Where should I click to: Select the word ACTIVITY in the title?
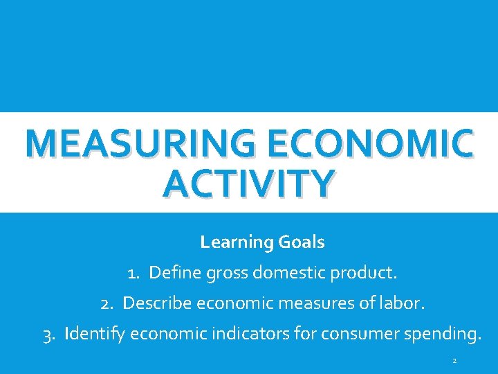pyautogui.click(x=249, y=183)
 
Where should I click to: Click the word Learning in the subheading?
pyautogui.click(x=237, y=242)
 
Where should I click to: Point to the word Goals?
pyautogui.click(x=302, y=242)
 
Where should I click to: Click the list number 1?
pyautogui.click(x=133, y=273)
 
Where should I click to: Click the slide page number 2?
pyautogui.click(x=454, y=361)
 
